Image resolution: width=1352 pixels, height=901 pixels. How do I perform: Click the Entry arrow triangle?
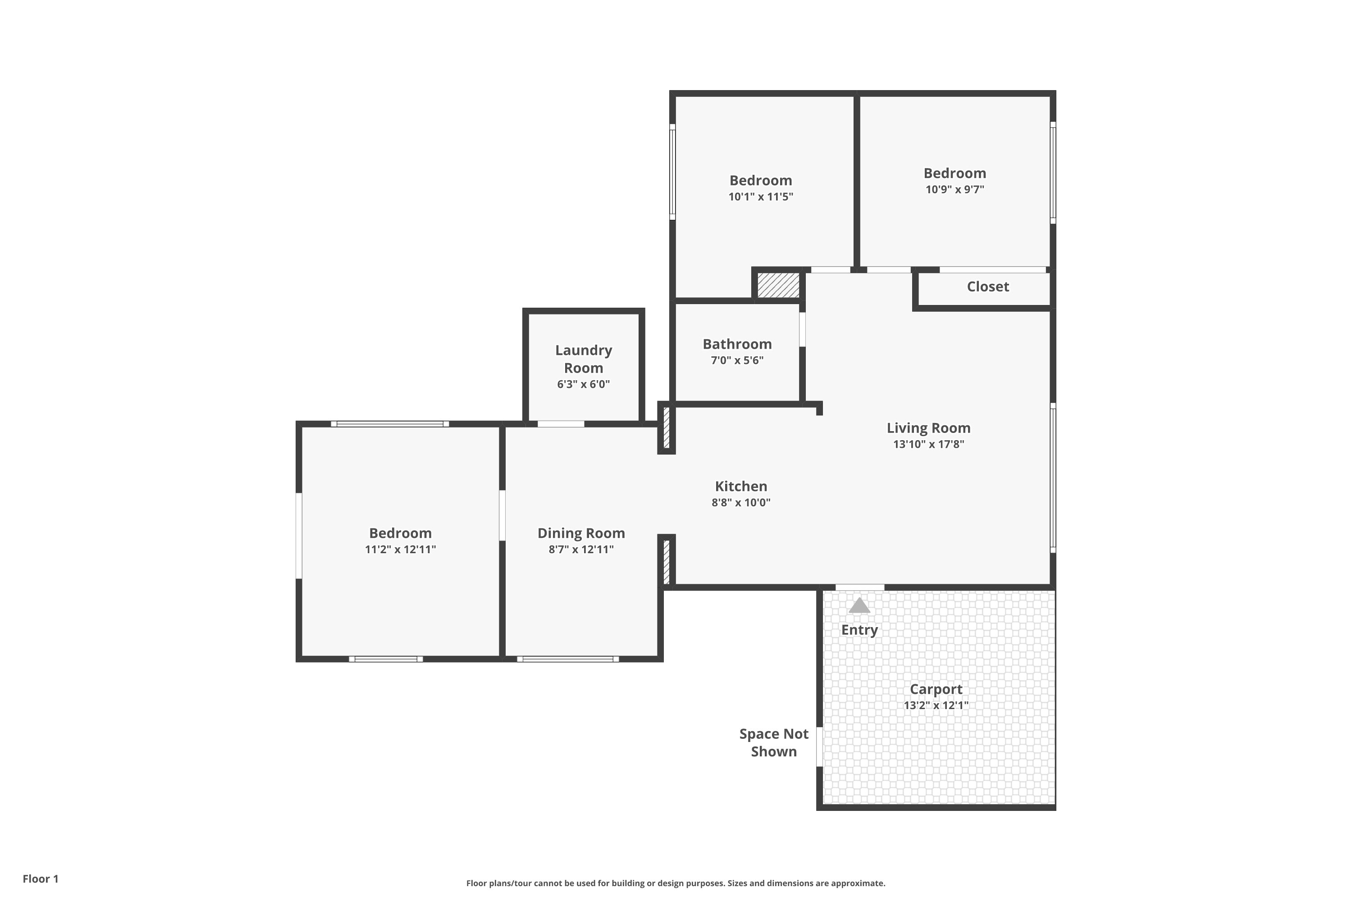coord(859,605)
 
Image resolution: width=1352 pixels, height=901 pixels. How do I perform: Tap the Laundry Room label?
coord(584,359)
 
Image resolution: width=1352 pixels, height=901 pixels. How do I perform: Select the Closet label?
coord(987,287)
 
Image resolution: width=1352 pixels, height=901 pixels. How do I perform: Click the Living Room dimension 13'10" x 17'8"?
coord(928,444)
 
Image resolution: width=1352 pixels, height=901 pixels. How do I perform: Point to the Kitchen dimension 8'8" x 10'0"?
coord(741,503)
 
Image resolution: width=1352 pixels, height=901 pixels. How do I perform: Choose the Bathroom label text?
coord(737,344)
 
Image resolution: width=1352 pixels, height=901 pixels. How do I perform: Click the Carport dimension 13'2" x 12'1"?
coord(936,705)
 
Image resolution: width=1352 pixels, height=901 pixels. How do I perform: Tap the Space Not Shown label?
coord(774,742)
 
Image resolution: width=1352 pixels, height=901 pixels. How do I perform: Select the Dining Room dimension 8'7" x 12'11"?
coord(581,549)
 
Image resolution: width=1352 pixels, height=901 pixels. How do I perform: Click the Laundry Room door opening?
coord(561,424)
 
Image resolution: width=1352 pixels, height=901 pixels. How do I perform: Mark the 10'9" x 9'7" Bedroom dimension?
coord(955,190)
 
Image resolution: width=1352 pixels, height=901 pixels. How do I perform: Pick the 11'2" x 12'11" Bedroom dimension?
coord(400,549)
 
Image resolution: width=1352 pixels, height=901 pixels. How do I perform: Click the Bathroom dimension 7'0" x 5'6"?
coord(737,361)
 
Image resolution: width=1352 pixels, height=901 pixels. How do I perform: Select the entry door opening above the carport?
coord(859,587)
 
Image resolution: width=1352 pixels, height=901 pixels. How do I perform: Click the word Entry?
coord(859,630)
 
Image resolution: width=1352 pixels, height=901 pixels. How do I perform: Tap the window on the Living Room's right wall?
coord(1053,478)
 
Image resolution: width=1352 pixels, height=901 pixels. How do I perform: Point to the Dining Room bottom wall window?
coord(568,659)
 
